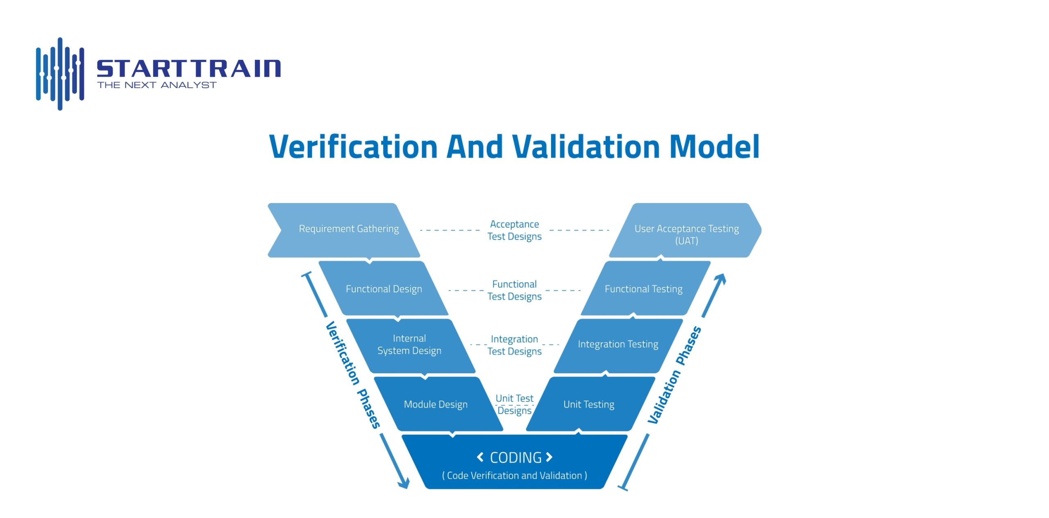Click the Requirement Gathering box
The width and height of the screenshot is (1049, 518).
pyautogui.click(x=348, y=229)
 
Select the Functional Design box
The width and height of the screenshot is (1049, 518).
pyautogui.click(x=384, y=289)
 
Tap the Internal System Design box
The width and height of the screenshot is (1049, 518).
pyautogui.click(x=409, y=345)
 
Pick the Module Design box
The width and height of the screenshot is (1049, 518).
pyautogui.click(x=436, y=405)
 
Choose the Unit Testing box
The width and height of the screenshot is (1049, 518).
pyautogui.click(x=589, y=405)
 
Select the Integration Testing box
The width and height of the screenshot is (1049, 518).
pyautogui.click(x=618, y=344)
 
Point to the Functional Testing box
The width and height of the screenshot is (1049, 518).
pyautogui.click(x=643, y=289)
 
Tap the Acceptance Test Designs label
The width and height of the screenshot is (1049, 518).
pyautogui.click(x=514, y=231)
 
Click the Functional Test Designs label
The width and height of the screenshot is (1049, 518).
pyautogui.click(x=514, y=290)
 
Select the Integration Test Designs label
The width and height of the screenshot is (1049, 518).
pyautogui.click(x=514, y=345)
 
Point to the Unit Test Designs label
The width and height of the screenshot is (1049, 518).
pyautogui.click(x=514, y=405)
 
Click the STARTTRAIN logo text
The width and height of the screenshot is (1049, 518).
pyautogui.click(x=188, y=68)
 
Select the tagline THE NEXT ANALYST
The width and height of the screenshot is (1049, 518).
pyautogui.click(x=157, y=85)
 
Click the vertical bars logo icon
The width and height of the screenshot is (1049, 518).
pyautogui.click(x=60, y=74)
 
